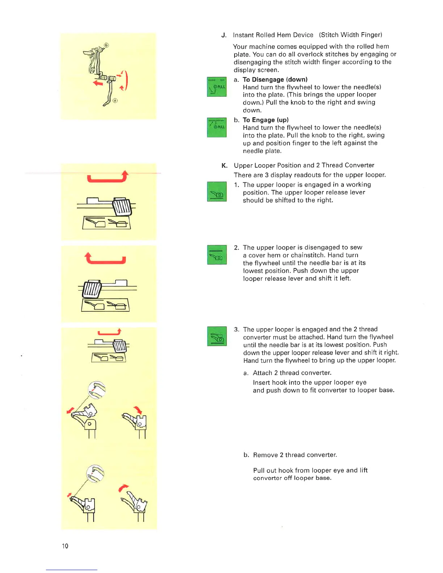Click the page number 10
[65, 546]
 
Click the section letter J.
[224, 35]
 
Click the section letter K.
[224, 166]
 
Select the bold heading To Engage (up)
[266, 120]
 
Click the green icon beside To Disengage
[216, 87]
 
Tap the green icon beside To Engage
[216, 127]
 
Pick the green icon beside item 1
[216, 191]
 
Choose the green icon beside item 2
[216, 255]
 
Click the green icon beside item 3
[216, 336]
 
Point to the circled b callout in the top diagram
[106, 45]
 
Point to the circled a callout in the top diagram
[115, 101]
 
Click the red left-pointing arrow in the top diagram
[98, 83]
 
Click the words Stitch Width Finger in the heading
[350, 35]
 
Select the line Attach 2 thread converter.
[292, 373]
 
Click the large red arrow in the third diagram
[105, 259]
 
